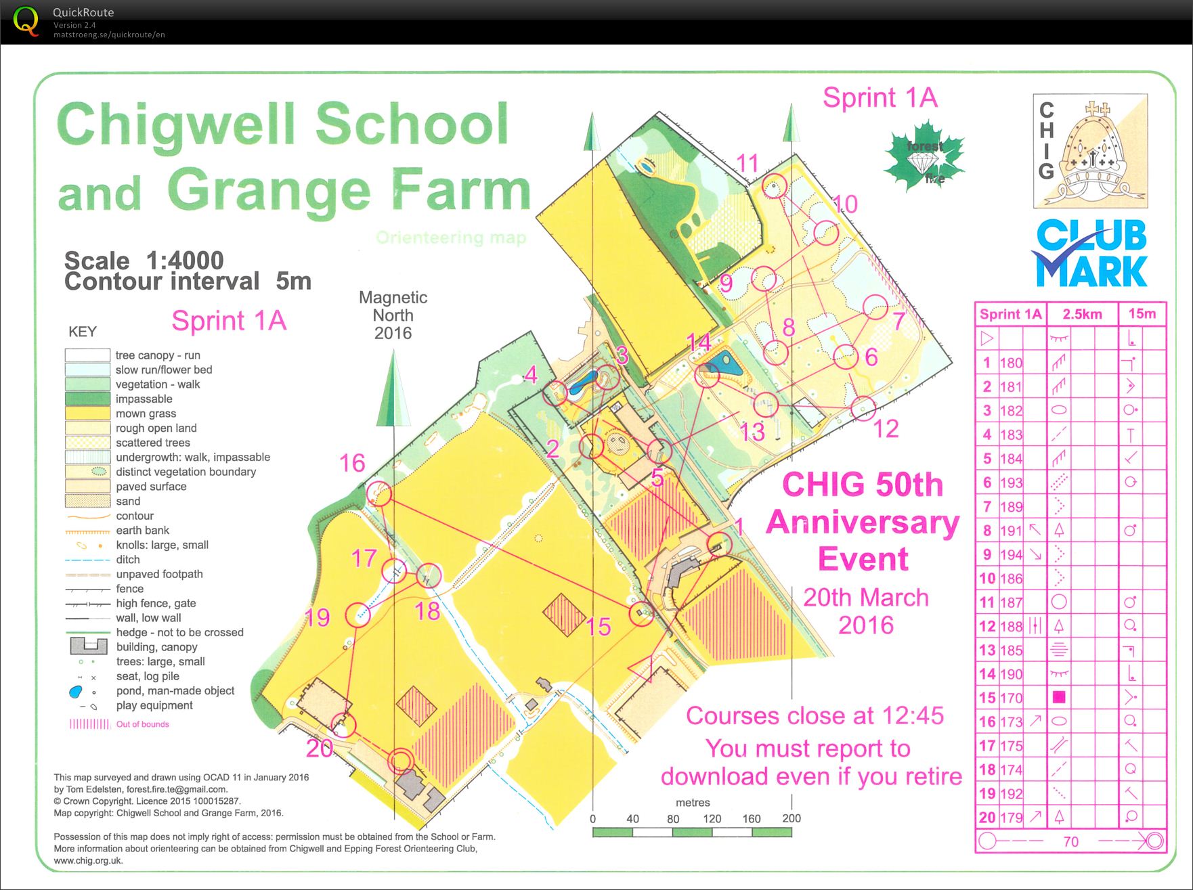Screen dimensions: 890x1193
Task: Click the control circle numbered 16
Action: point(380,494)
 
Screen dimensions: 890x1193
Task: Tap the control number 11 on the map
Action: point(747,163)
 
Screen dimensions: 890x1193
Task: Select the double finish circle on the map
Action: point(402,760)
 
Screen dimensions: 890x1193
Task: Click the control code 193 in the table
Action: point(1011,483)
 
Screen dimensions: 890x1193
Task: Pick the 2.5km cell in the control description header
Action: point(1082,314)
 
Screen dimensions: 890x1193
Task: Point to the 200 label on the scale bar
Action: point(791,818)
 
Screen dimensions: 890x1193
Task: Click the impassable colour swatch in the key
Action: point(87,399)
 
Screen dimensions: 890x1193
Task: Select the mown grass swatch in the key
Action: point(87,414)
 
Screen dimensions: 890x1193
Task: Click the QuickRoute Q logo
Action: point(26,21)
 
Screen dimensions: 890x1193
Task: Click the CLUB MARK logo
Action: point(1091,254)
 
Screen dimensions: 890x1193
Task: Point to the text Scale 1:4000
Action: point(144,261)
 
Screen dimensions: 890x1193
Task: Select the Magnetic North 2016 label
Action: point(393,315)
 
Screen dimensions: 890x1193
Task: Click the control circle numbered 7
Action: point(875,307)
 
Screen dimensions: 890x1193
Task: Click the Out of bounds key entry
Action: point(142,724)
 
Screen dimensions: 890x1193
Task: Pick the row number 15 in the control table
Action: point(987,698)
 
